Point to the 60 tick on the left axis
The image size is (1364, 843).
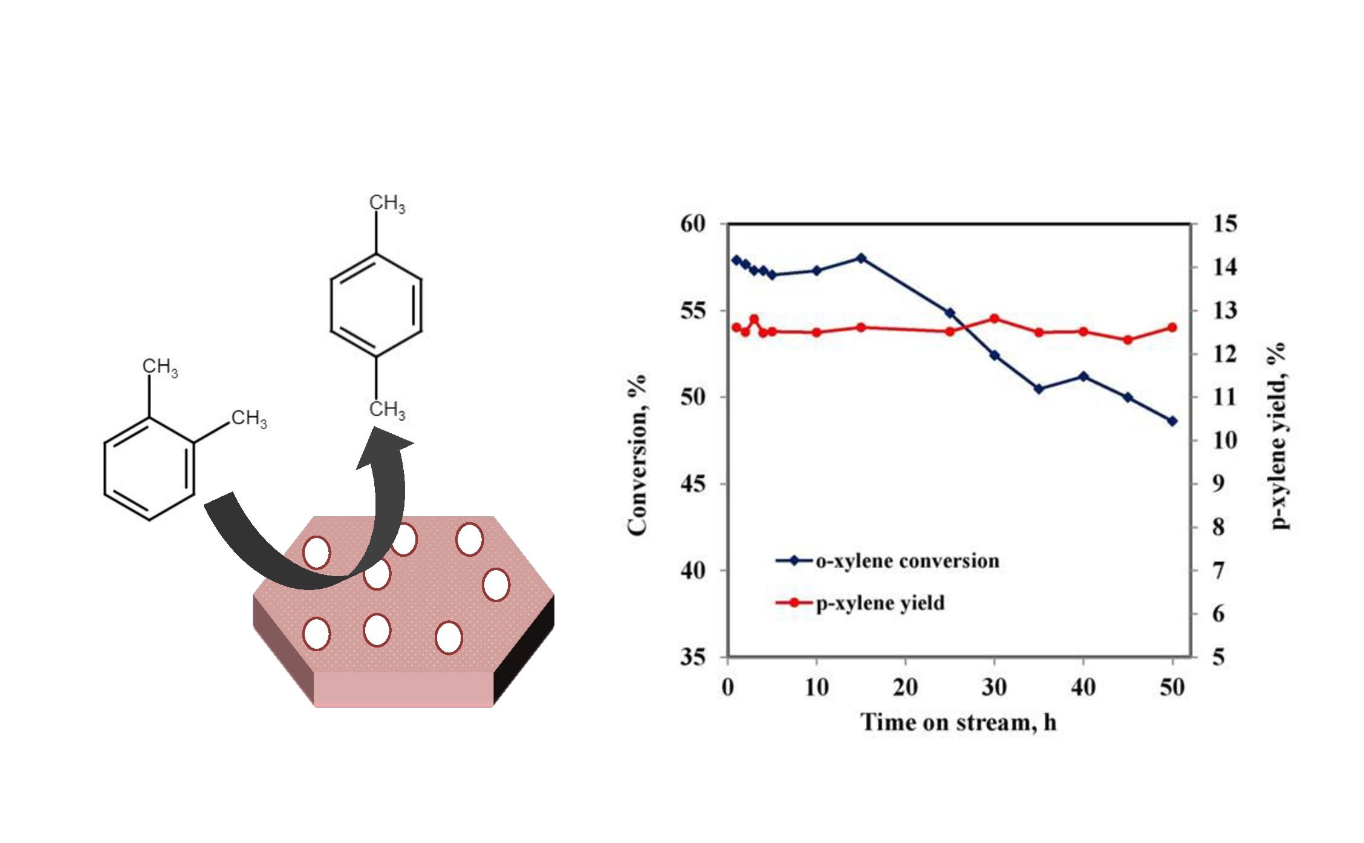(693, 224)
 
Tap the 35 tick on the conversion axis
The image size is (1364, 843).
(693, 657)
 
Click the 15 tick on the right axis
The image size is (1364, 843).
(1225, 224)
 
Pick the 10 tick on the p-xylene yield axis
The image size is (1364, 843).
(1225, 440)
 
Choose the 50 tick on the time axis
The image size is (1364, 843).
(1172, 687)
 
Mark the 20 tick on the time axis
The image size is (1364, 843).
(905, 687)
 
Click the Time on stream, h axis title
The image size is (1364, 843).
(958, 722)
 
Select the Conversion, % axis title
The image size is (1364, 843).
(637, 455)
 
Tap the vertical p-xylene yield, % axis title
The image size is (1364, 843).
(1277, 436)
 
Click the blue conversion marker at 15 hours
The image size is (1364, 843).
(861, 258)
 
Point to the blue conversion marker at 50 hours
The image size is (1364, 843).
(1172, 421)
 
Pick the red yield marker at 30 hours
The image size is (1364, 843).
(995, 318)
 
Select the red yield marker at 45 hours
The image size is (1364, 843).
(1128, 340)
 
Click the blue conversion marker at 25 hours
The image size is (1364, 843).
(950, 313)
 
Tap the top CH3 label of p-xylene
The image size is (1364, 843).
(387, 203)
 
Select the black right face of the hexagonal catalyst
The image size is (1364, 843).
(524, 651)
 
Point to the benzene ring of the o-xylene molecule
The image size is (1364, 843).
(149, 468)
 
